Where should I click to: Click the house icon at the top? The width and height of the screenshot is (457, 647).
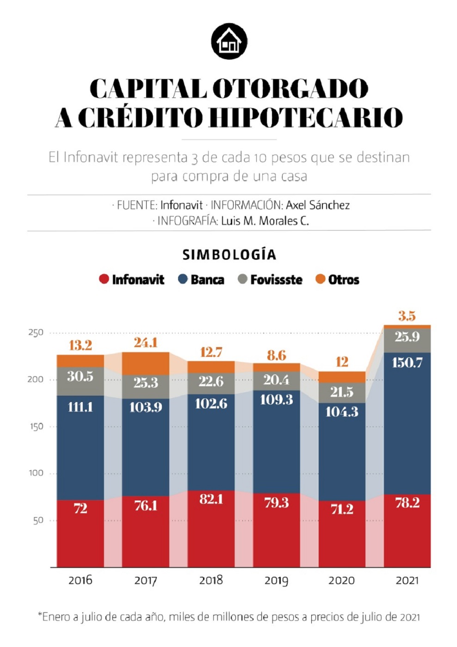pyautogui.click(x=229, y=42)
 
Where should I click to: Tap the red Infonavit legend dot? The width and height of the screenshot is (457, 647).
pyautogui.click(x=104, y=279)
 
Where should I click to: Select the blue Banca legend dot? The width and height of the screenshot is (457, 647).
pyautogui.click(x=183, y=279)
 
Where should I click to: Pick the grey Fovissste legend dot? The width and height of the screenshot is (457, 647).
pyautogui.click(x=242, y=279)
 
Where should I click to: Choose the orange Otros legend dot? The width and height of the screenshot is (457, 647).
pyautogui.click(x=320, y=279)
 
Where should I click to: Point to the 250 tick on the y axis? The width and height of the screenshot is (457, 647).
pyautogui.click(x=36, y=333)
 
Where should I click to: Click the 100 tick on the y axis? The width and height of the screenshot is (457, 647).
pyautogui.click(x=36, y=473)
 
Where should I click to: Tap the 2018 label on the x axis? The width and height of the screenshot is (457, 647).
pyautogui.click(x=211, y=580)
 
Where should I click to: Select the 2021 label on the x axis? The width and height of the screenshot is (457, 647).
pyautogui.click(x=407, y=580)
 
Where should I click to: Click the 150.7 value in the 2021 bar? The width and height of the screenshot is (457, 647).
pyautogui.click(x=407, y=363)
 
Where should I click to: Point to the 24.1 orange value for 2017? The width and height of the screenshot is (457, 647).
pyautogui.click(x=146, y=343)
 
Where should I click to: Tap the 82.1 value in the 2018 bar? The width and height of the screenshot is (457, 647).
pyautogui.click(x=211, y=500)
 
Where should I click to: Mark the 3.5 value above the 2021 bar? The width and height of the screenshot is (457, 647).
pyautogui.click(x=407, y=317)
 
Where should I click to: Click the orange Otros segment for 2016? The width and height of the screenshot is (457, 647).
pyautogui.click(x=80, y=361)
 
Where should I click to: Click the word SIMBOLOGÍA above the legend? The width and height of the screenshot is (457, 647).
pyautogui.click(x=229, y=255)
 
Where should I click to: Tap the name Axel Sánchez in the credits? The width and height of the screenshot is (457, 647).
pyautogui.click(x=318, y=205)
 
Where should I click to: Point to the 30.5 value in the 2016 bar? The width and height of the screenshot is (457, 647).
pyautogui.click(x=80, y=377)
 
